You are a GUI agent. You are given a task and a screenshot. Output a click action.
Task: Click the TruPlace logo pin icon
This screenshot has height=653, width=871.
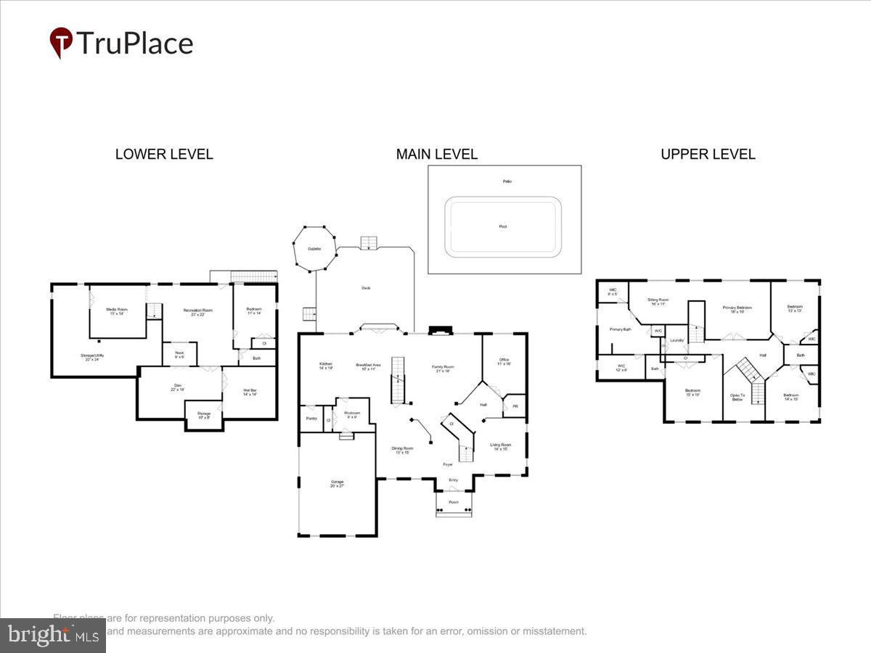(x=61, y=41)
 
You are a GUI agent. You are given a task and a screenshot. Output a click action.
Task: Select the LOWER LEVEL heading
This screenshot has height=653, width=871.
(x=164, y=155)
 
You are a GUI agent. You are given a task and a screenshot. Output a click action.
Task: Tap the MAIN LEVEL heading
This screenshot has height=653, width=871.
(x=436, y=155)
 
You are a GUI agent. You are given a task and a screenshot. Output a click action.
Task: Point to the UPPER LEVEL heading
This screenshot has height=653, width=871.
(x=708, y=155)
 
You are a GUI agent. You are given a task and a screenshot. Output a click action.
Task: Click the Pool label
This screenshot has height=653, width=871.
(x=503, y=226)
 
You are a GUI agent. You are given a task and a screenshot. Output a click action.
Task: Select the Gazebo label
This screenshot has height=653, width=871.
(x=314, y=248)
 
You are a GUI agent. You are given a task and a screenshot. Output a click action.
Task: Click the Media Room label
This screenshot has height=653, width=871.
(x=118, y=311)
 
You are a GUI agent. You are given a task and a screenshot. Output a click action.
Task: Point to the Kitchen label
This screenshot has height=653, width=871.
(x=325, y=366)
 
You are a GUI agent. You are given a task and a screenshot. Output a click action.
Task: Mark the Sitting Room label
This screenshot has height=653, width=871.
(x=658, y=301)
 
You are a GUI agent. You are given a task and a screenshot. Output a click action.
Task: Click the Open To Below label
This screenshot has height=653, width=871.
(x=737, y=397)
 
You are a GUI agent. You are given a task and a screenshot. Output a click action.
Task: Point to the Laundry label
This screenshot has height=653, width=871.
(x=677, y=340)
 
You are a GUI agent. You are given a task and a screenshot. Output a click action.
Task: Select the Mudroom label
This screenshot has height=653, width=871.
(x=351, y=414)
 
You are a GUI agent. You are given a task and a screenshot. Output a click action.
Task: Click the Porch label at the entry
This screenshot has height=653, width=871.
(x=454, y=502)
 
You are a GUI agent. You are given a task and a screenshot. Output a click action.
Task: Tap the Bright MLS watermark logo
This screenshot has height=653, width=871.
(x=52, y=636)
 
